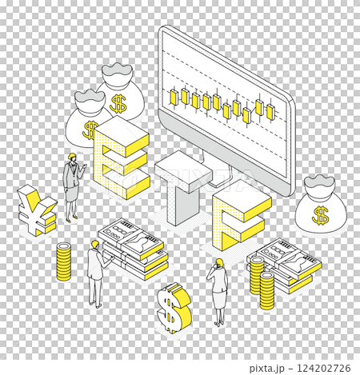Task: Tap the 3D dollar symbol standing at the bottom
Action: point(174,306)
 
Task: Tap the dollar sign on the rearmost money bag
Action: point(119,103)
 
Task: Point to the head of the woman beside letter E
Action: point(72,158)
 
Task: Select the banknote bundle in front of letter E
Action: point(132,247)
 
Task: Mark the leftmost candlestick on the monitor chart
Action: point(173,96)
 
